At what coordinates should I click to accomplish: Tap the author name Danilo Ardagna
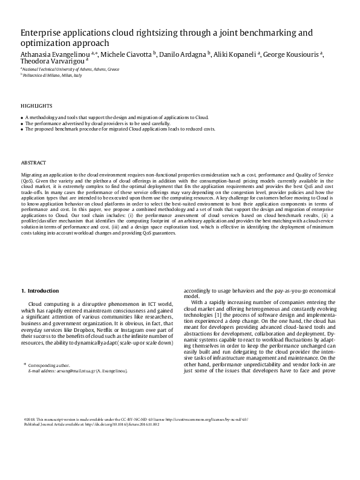tap(182, 54)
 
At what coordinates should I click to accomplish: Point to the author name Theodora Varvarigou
tap(52, 62)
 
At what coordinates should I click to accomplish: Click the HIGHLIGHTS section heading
tap(36, 105)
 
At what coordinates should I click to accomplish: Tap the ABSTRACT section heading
tap(34, 163)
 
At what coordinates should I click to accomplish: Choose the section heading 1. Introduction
tap(40, 291)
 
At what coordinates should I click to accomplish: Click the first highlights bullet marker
tap(22, 117)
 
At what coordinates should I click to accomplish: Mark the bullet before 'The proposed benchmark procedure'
tap(22, 129)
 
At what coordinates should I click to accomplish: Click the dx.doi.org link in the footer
tap(128, 425)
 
